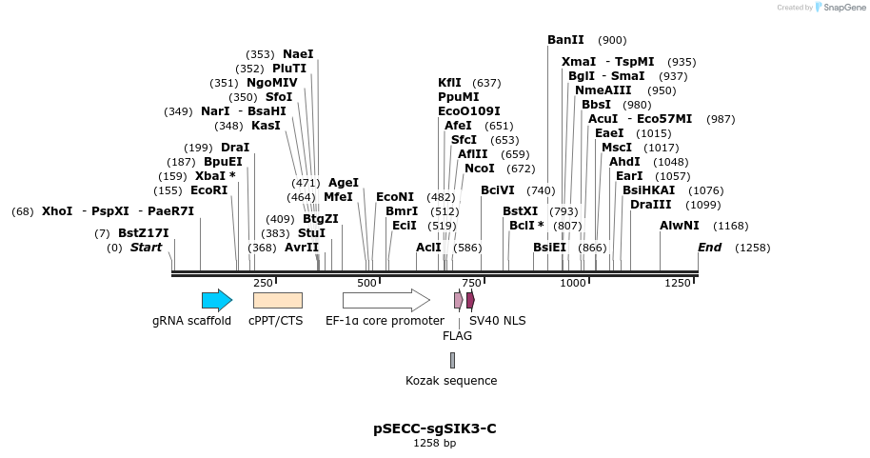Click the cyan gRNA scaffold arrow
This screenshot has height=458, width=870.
point(216,300)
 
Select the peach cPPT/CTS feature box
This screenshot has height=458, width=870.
point(277,300)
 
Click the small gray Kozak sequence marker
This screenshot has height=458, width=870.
point(452,360)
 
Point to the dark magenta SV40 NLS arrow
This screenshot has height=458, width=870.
point(470,300)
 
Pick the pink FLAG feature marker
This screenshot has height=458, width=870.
point(458,300)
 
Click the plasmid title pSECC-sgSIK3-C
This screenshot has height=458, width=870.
point(434,428)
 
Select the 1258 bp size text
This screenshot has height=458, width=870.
point(434,444)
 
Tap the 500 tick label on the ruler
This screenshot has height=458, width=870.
point(366,283)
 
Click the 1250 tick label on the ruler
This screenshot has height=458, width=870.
point(678,283)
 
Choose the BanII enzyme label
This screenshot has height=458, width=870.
point(565,40)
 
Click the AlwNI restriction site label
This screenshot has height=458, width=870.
point(679,226)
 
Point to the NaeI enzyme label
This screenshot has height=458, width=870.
point(298,54)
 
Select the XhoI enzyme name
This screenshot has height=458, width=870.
point(56,211)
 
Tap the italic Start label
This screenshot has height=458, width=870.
point(146,248)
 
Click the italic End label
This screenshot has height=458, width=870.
point(709,248)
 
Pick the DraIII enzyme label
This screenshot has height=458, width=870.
point(650,205)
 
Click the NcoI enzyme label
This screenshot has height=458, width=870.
point(480,169)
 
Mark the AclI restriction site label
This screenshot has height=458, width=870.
point(428,248)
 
